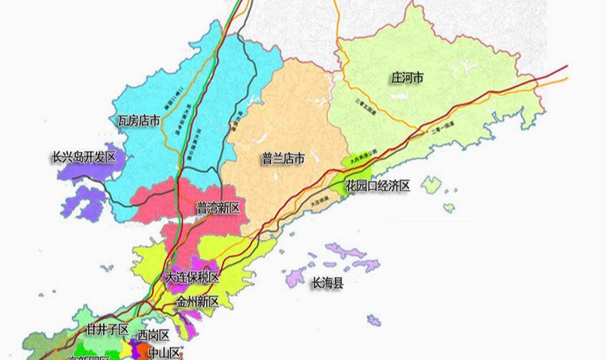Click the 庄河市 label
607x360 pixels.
409,78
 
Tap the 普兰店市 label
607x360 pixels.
282,159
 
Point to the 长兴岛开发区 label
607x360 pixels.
83,157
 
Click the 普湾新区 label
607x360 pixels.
219,208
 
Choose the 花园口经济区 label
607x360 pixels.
378,185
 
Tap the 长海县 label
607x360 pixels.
328,284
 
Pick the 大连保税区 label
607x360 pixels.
192,277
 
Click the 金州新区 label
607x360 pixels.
197,302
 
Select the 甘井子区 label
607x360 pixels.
107,330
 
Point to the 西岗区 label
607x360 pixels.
153,334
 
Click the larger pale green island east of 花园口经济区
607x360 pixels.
431,184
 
